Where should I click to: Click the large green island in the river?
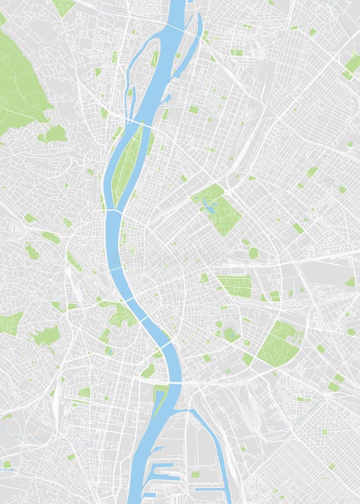point(127,165)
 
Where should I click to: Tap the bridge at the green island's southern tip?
point(115,211)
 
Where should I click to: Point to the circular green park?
point(254,253)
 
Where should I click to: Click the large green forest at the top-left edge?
point(20,84)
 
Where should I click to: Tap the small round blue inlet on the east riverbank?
point(166,99)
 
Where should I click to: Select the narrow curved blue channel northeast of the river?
point(190,48)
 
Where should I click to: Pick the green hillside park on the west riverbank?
point(120,314)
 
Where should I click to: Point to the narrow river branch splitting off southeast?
point(213,448)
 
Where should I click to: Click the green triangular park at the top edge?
point(63,6)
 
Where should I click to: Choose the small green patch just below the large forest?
point(54,134)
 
